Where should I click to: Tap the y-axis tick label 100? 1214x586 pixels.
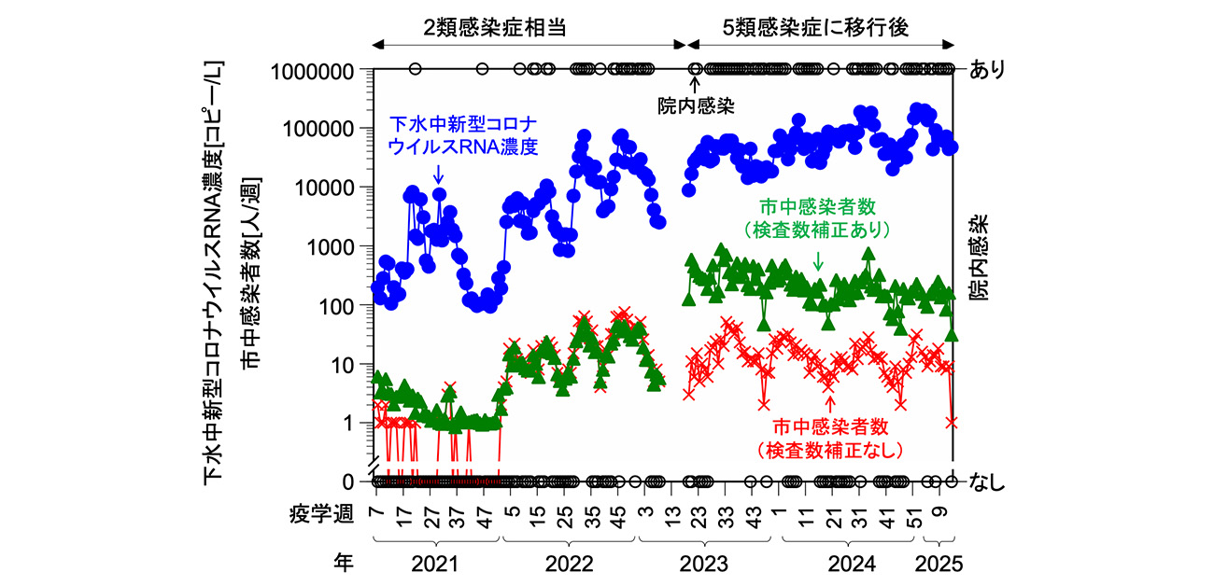tap(345, 306)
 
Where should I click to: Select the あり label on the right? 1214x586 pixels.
tap(987, 71)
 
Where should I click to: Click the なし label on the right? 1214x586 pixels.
tap(987, 481)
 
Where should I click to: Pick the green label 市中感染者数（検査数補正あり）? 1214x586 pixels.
tap(818, 217)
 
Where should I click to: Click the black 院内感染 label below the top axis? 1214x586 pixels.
tap(694, 106)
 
